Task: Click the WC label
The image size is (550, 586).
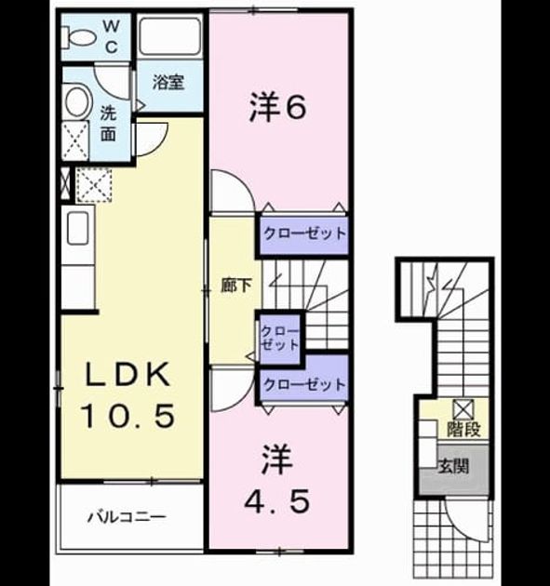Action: (111, 36)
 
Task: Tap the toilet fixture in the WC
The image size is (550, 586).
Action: (78, 37)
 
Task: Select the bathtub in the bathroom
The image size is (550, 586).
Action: (170, 36)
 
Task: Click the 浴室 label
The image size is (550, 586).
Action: (168, 82)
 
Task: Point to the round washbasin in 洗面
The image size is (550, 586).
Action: (79, 102)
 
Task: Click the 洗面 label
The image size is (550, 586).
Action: (108, 124)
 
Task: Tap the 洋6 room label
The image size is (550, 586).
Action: (278, 109)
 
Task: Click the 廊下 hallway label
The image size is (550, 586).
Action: (235, 286)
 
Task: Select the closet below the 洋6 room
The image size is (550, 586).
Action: (304, 234)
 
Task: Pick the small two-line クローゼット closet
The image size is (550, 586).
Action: (280, 339)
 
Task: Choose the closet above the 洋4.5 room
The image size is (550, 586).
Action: (304, 384)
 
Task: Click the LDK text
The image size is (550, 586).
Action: (127, 374)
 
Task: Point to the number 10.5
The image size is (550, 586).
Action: (127, 416)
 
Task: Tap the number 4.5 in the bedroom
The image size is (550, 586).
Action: (277, 501)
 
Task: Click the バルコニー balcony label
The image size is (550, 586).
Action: (127, 517)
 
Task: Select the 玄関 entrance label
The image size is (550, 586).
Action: (453, 466)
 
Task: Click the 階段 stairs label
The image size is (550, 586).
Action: (463, 429)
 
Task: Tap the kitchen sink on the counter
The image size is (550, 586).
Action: (78, 228)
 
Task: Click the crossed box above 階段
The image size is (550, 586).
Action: (463, 408)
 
